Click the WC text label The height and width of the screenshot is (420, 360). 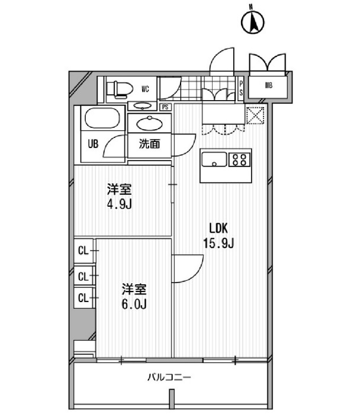coord(144,90)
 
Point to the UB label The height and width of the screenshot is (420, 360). coord(94,143)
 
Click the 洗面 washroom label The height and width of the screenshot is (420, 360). coord(149,143)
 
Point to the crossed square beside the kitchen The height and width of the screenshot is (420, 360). coord(255,114)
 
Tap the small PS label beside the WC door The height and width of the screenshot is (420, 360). coord(165,107)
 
